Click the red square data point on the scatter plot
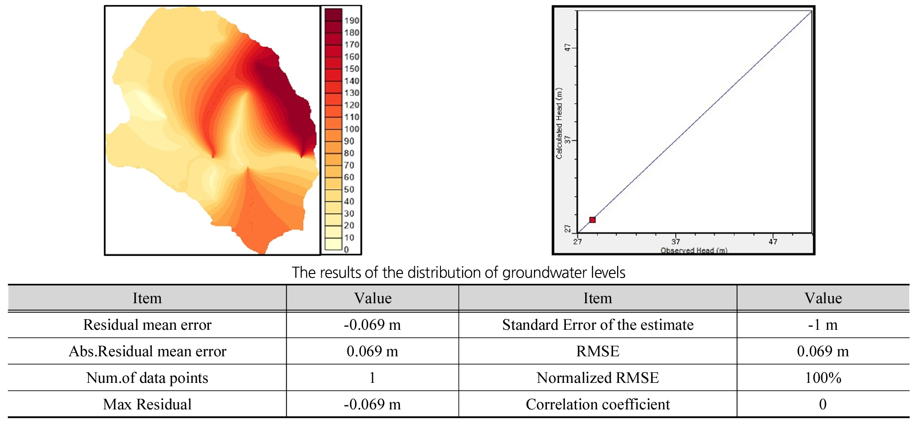click(x=592, y=220)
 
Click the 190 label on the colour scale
click(x=351, y=21)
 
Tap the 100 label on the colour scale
click(x=351, y=129)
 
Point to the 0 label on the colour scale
click(x=346, y=250)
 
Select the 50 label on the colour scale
click(x=349, y=189)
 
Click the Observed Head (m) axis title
click(x=694, y=251)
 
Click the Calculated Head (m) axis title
click(x=559, y=123)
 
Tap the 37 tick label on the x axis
click(x=676, y=242)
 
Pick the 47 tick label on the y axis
click(x=568, y=47)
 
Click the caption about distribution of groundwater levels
click(x=458, y=273)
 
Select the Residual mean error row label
click(x=147, y=325)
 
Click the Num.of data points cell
click(x=147, y=378)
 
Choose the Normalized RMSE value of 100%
click(x=823, y=378)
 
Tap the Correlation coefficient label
click(x=598, y=404)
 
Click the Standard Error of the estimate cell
click(x=598, y=325)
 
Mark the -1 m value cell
click(x=823, y=325)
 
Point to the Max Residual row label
click(x=147, y=404)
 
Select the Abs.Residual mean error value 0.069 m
click(x=372, y=351)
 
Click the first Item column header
click(x=147, y=298)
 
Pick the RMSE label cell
click(x=598, y=351)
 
